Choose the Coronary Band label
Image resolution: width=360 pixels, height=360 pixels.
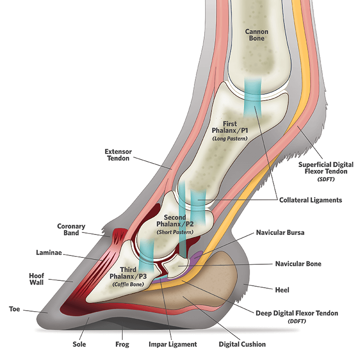coord(72,230)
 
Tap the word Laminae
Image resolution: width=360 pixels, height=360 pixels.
coord(48,253)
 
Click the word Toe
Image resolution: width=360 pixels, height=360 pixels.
coord(15,309)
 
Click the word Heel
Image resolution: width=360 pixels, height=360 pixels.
coord(282,290)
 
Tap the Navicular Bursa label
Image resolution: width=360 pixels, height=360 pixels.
coord(280,233)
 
